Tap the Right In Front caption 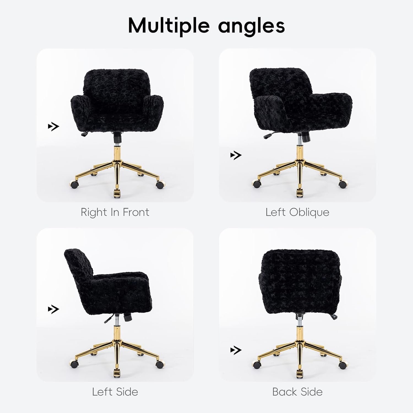pos(115,212)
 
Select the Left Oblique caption pos(297,212)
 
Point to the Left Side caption pos(115,392)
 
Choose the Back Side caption pos(297,392)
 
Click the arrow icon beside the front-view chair pos(53,127)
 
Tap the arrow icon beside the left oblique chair pos(236,155)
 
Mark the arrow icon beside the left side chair pos(53,309)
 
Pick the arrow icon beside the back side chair pos(236,350)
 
